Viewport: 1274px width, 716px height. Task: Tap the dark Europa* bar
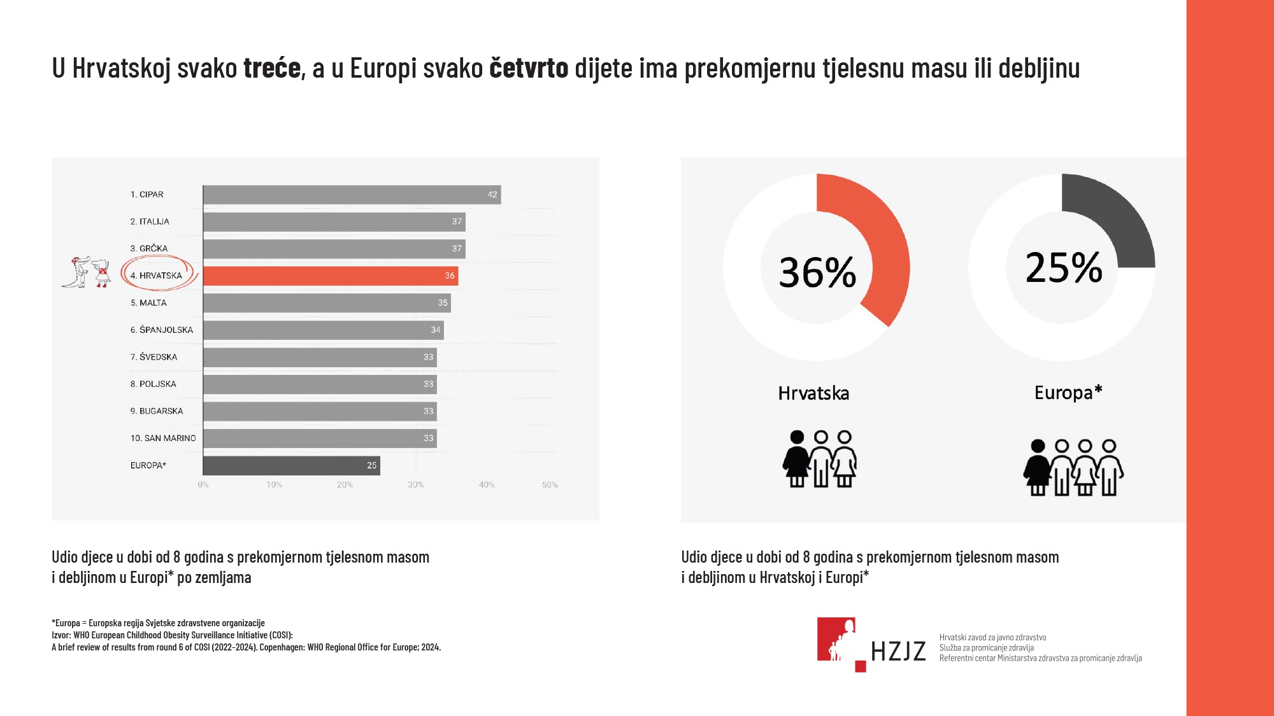291,465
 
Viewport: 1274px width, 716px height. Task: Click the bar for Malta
326,303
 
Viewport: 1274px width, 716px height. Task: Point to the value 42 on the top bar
492,195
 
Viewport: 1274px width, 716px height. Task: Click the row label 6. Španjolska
162,330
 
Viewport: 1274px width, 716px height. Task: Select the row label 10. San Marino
163,438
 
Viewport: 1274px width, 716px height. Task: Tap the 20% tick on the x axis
345,485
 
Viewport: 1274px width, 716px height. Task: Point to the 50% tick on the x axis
550,485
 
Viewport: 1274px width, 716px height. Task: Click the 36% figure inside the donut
817,272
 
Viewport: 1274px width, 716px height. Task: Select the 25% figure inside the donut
1064,267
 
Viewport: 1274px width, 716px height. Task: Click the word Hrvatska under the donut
813,393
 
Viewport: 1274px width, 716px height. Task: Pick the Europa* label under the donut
1068,393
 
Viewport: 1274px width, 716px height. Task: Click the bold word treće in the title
272,68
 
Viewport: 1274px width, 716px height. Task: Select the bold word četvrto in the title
529,68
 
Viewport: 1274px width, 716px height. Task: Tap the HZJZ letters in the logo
898,651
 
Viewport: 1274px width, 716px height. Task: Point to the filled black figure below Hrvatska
796,458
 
